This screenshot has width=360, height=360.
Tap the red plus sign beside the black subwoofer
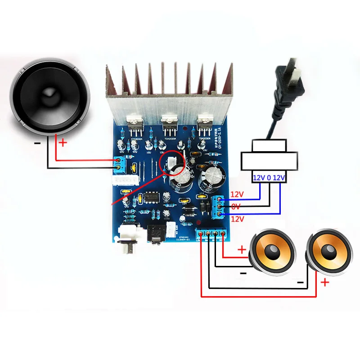63,143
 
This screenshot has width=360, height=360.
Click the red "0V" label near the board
236,206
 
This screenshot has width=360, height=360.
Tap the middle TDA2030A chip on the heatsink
170,124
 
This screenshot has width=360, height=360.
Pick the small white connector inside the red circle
171,163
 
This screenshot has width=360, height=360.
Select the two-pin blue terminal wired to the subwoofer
119,164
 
